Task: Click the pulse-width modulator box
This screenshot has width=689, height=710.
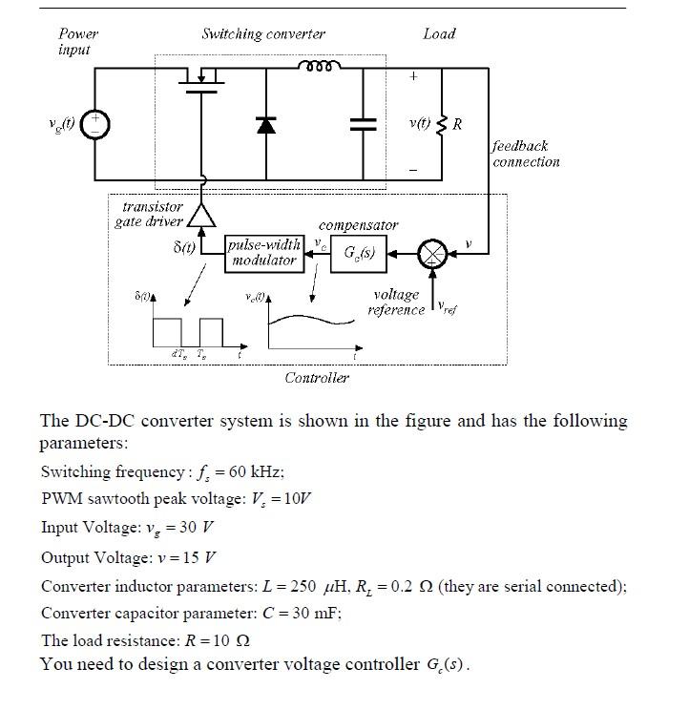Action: coord(263,253)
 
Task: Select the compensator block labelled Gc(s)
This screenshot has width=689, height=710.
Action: coord(359,255)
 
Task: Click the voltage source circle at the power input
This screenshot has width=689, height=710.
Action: coord(94,124)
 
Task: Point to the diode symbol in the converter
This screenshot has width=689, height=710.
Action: coord(265,124)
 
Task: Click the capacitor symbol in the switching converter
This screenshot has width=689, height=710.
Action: coord(364,123)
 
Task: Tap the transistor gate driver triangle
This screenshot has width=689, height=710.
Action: coord(201,217)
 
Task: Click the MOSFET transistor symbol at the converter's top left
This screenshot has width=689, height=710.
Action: coord(201,80)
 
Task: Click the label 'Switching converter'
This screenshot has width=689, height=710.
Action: coord(263,34)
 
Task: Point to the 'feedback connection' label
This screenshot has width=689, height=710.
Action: coord(526,154)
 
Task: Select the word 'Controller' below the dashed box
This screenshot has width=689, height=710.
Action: coord(317,378)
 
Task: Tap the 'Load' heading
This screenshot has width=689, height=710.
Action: coord(439,34)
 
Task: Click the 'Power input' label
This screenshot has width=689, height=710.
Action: coord(76,41)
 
